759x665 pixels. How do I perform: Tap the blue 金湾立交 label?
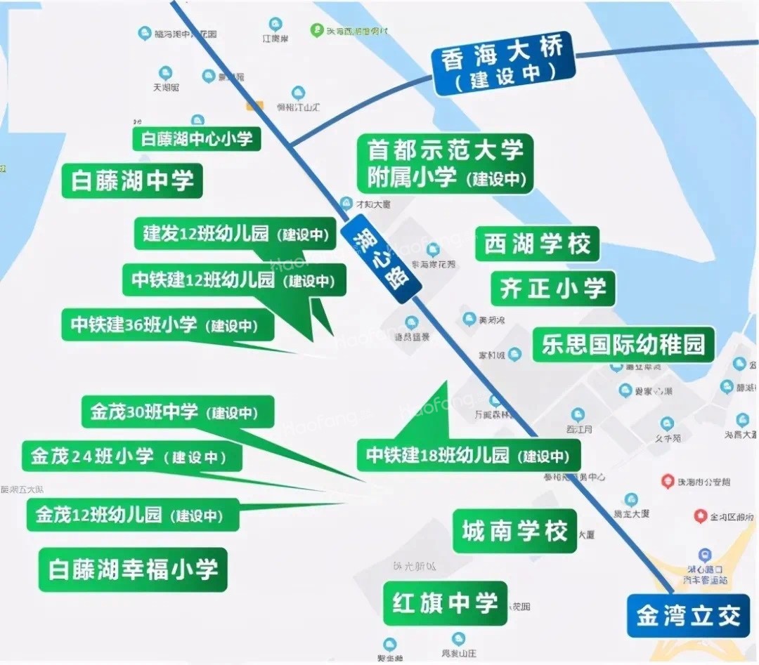point(688,616)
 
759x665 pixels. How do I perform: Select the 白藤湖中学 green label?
point(132,180)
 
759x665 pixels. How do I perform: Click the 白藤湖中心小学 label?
point(197,138)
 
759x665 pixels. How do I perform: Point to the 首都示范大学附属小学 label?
point(446,163)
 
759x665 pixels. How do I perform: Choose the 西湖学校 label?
point(537,244)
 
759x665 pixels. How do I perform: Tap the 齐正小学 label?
point(552,288)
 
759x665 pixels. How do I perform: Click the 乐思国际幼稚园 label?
point(623,344)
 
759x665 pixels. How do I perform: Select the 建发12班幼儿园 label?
point(235,234)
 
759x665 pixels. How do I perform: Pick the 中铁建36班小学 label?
point(167,324)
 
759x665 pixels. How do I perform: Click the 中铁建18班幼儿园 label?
point(468,455)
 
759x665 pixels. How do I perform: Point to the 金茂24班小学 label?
point(132,456)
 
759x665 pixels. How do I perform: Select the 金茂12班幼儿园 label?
point(133,515)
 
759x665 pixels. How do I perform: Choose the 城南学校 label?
point(514,531)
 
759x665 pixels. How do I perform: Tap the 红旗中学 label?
point(446,603)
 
